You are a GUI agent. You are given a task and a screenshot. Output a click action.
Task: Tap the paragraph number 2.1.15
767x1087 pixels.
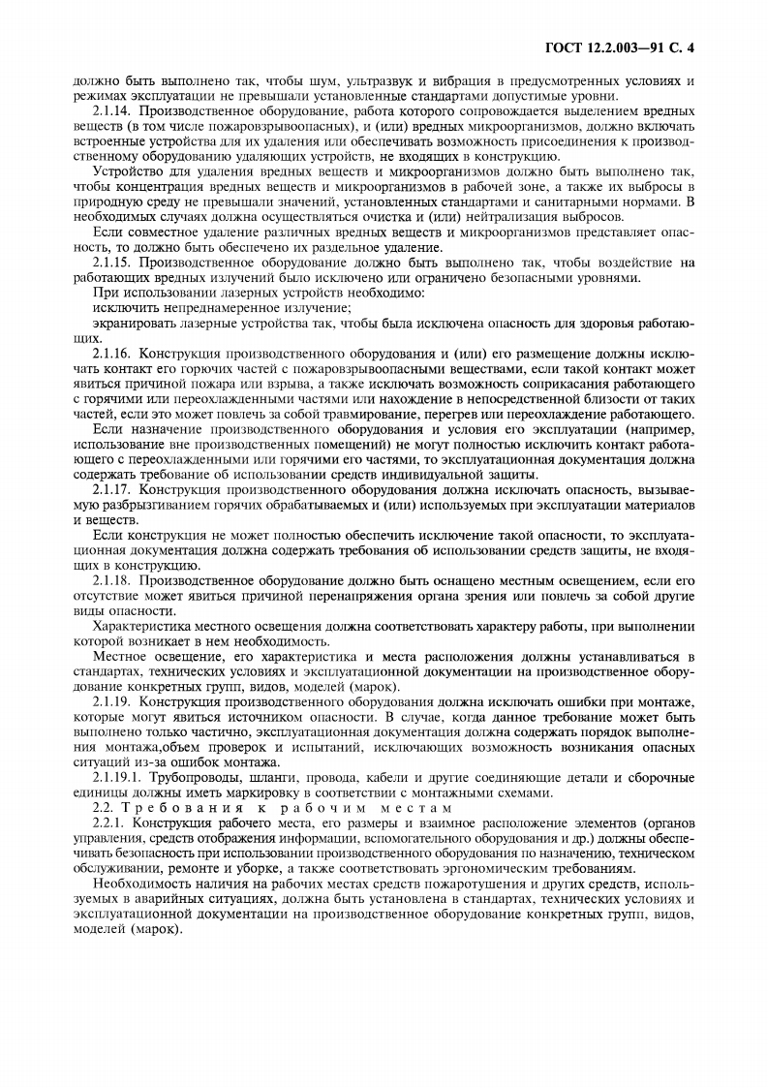coord(114,263)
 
